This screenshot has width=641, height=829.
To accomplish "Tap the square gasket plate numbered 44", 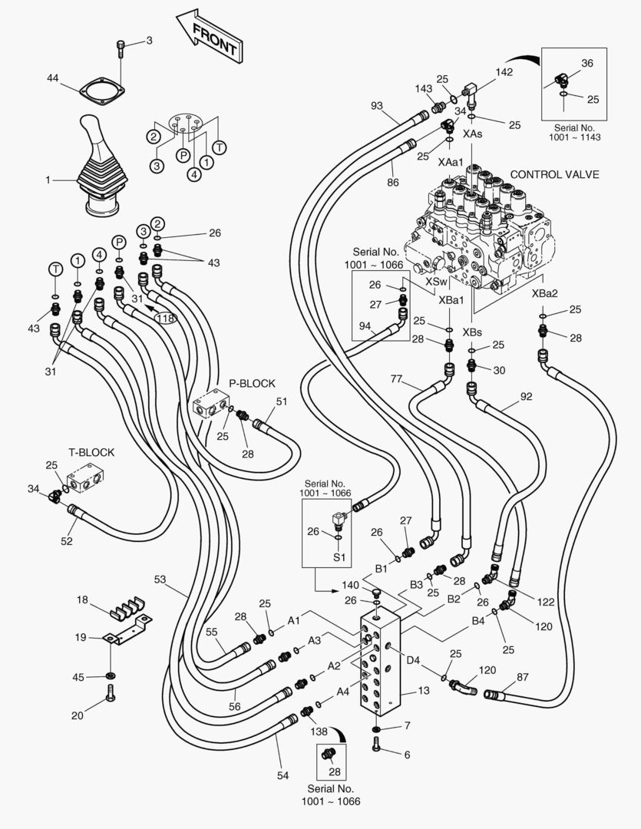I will pyautogui.click(x=101, y=91).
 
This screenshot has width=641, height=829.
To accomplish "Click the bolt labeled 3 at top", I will pyautogui.click(x=121, y=48).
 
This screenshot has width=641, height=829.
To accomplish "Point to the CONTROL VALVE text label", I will pyautogui.click(x=554, y=174).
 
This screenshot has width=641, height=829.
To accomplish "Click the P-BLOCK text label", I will pyautogui.click(x=252, y=383).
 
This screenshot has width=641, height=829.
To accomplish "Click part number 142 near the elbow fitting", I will pyautogui.click(x=504, y=71).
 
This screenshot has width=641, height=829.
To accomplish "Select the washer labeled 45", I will pyautogui.click(x=111, y=675).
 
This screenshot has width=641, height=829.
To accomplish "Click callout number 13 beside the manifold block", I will pyautogui.click(x=423, y=691).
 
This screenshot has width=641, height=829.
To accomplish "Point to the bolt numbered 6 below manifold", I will pyautogui.click(x=376, y=744).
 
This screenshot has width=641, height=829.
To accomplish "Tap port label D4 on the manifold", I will pyautogui.click(x=413, y=659).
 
